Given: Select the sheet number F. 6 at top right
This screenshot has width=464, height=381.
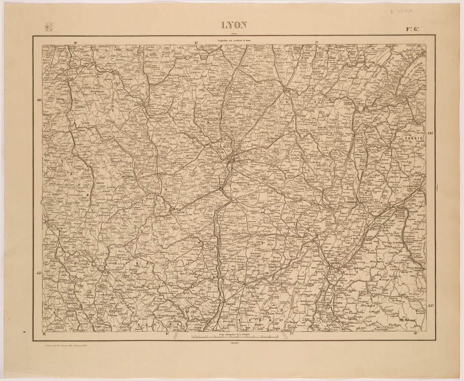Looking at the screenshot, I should pyautogui.click(x=413, y=29).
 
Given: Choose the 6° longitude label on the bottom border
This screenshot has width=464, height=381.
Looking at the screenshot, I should pyautogui.click(x=416, y=333).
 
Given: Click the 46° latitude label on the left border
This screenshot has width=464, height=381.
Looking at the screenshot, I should pyautogui.click(x=39, y=100).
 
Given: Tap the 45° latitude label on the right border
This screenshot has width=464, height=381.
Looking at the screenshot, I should pyautogui.click(x=430, y=305).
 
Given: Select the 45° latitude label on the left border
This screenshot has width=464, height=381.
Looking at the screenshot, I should pyautogui.click(x=39, y=273).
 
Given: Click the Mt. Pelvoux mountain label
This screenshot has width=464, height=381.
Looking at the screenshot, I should pyautogui.click(x=409, y=318).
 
